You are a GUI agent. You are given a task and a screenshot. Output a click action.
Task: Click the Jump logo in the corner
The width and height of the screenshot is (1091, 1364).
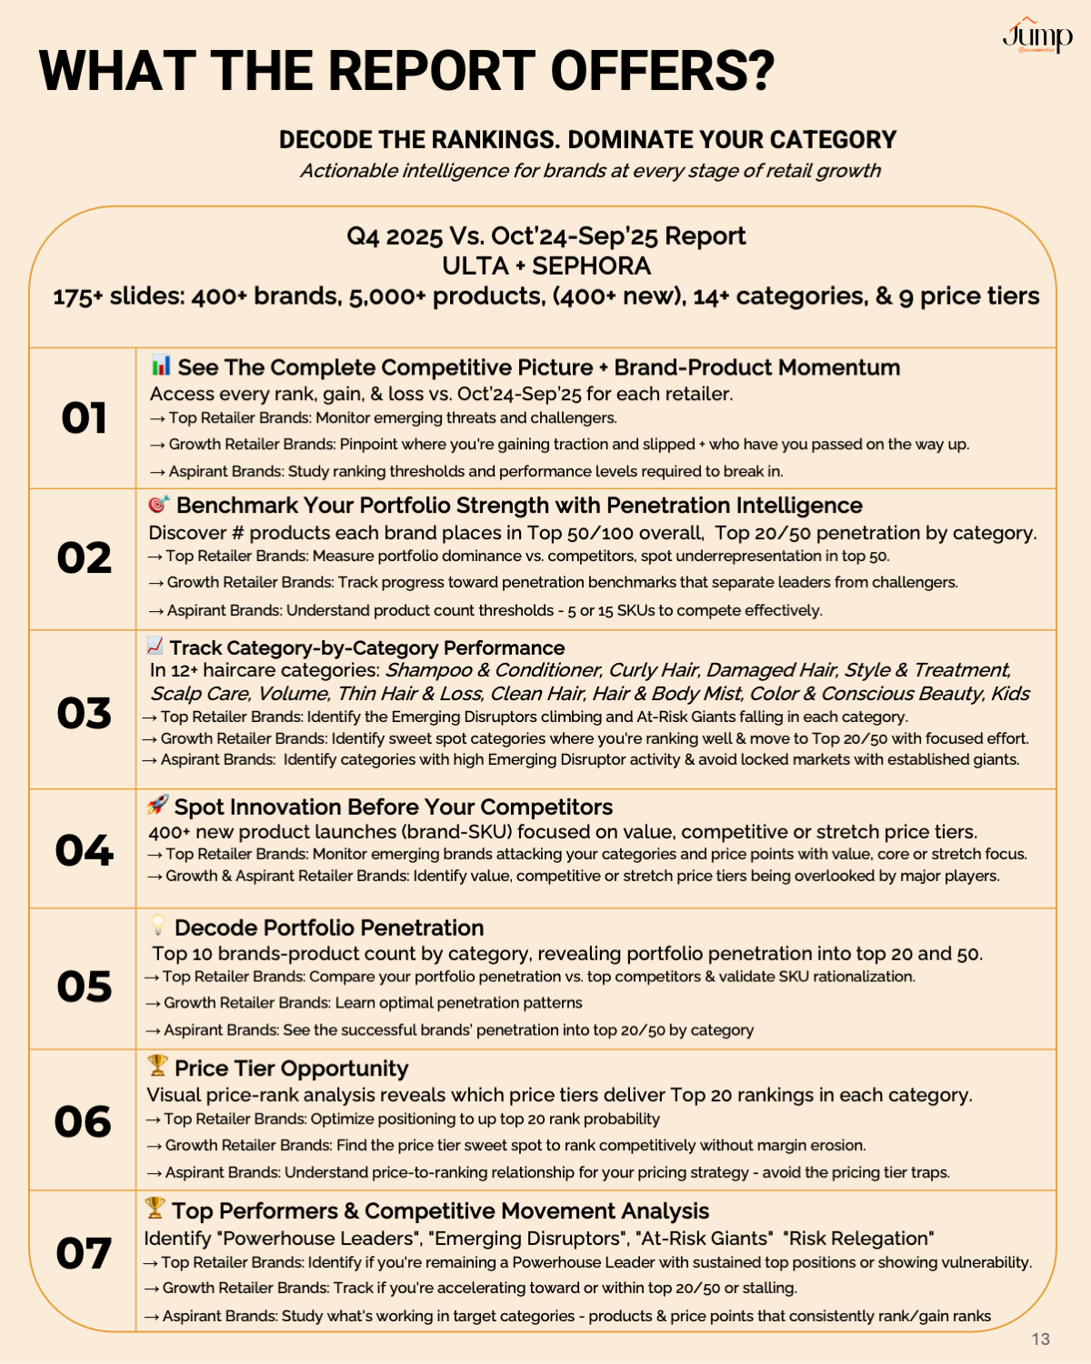(x=1036, y=36)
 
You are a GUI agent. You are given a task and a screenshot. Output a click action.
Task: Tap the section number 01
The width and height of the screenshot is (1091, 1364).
(x=84, y=418)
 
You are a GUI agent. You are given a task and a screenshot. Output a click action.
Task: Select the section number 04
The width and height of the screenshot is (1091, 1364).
(x=84, y=850)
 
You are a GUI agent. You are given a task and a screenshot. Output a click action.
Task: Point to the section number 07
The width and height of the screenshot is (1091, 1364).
(x=84, y=1253)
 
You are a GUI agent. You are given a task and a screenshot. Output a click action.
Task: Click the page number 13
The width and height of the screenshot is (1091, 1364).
(x=1041, y=1339)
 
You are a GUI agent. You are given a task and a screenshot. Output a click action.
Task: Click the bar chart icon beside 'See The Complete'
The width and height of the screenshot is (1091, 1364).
(x=161, y=366)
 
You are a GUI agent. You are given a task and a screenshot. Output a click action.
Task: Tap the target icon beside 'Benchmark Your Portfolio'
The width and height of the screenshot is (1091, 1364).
(x=158, y=504)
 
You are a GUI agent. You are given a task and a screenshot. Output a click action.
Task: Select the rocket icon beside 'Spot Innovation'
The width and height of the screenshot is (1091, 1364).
(x=157, y=805)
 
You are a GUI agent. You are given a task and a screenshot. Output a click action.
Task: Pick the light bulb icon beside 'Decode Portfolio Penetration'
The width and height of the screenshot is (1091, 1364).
(x=158, y=926)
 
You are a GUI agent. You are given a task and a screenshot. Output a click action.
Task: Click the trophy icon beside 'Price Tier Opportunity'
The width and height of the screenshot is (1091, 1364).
(x=157, y=1065)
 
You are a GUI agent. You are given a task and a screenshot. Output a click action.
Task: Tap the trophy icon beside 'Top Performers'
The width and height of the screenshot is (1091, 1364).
(x=155, y=1209)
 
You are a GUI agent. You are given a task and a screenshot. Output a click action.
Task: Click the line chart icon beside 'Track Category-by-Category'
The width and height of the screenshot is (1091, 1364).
(x=155, y=646)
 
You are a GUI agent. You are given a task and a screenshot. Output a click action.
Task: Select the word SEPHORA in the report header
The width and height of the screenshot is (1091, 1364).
(x=591, y=266)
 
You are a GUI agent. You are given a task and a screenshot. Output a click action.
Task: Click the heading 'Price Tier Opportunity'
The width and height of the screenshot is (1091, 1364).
(x=291, y=1068)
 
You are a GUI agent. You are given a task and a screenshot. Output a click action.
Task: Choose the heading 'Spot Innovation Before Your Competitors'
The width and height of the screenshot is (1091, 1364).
(x=393, y=807)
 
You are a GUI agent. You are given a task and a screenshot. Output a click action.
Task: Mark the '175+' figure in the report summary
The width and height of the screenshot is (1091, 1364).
(x=78, y=296)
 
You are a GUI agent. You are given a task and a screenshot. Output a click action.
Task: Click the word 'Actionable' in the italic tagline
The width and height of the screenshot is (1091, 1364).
(x=349, y=171)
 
